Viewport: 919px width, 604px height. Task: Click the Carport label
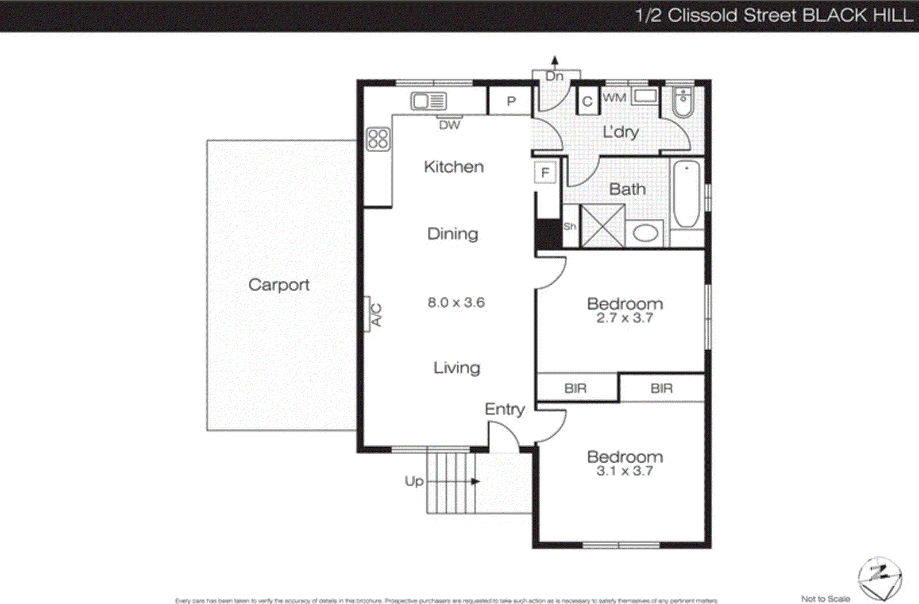279,285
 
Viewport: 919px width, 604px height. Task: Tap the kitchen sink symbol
428,101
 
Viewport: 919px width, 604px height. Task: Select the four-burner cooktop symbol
378,139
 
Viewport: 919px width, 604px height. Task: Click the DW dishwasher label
449,125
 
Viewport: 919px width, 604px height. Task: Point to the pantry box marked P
511,102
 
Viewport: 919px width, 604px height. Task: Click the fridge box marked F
545,172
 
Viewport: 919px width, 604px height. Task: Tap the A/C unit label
376,315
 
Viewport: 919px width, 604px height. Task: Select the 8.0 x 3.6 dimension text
456,303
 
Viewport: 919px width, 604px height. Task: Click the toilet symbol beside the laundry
683,102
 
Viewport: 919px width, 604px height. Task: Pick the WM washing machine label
615,98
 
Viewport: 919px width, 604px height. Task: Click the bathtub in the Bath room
686,194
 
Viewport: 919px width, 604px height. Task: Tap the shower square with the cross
603,226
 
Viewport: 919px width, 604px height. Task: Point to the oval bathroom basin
645,233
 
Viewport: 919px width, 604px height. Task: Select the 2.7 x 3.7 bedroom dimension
624,319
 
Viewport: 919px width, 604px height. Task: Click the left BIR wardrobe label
576,389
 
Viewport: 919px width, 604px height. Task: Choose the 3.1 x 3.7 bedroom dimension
624,471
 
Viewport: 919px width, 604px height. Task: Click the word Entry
504,409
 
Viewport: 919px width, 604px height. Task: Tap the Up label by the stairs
414,481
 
